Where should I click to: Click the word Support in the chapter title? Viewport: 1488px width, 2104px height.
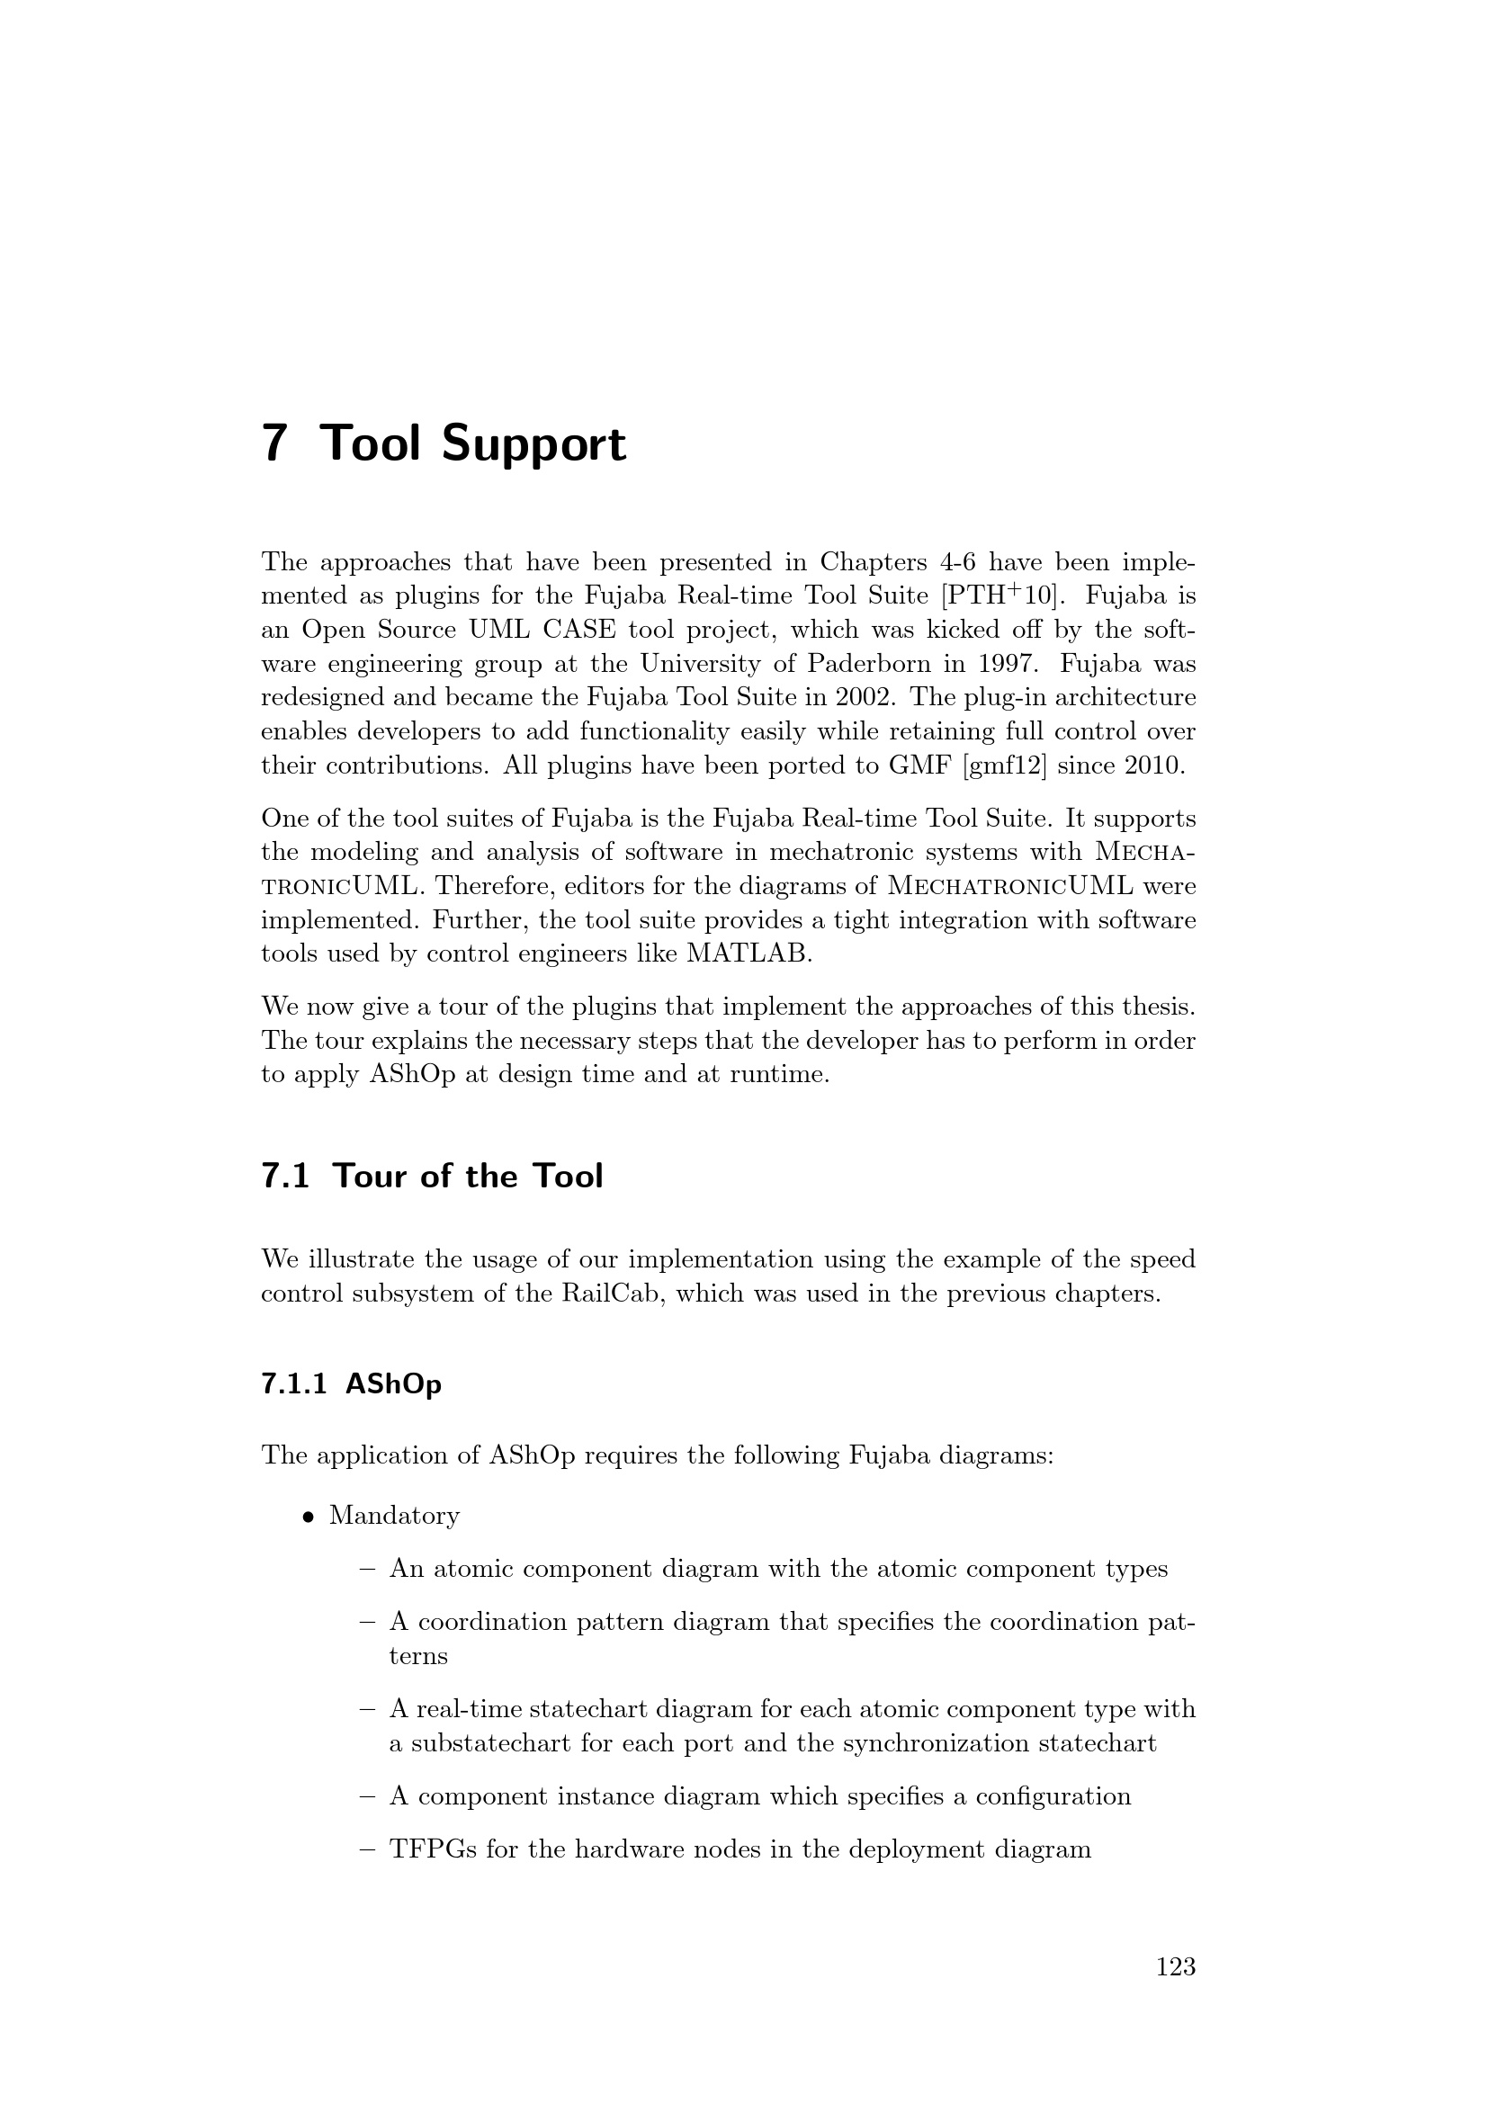(533, 445)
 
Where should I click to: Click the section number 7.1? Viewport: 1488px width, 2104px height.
(285, 1177)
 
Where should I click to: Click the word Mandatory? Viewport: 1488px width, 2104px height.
(394, 1517)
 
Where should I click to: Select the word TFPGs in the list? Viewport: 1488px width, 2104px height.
(433, 1849)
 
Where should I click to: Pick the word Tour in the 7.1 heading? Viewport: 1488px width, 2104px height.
(370, 1177)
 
